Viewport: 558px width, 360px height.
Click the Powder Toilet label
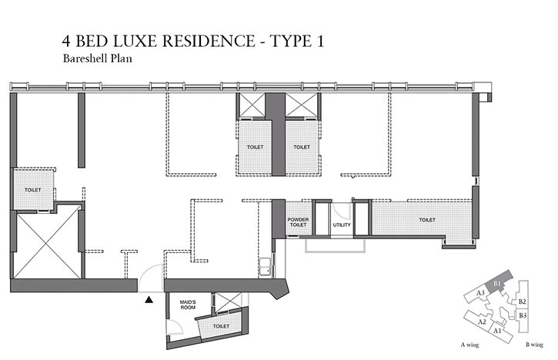pyautogui.click(x=298, y=222)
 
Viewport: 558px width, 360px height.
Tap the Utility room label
pyautogui.click(x=342, y=225)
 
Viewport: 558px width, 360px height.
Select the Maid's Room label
pyautogui.click(x=188, y=305)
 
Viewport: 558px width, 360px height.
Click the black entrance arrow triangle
pyautogui.click(x=149, y=300)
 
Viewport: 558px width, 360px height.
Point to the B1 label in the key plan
pyautogui.click(x=497, y=284)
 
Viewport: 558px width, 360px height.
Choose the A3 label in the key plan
pyautogui.click(x=480, y=293)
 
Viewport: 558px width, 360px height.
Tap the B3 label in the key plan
pyautogui.click(x=523, y=315)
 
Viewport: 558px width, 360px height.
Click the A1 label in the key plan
pyautogui.click(x=497, y=331)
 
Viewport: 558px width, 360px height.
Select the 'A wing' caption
pyautogui.click(x=469, y=345)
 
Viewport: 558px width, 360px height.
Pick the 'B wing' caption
pyautogui.click(x=534, y=345)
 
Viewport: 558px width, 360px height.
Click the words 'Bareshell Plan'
pyautogui.click(x=98, y=58)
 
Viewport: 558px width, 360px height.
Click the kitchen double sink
pyautogui.click(x=265, y=267)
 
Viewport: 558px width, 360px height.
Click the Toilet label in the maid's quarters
pyautogui.click(x=221, y=326)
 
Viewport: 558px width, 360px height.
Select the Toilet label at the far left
pyautogui.click(x=33, y=190)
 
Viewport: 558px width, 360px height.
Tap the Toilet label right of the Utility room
pyautogui.click(x=427, y=220)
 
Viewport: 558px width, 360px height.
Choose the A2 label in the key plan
pyautogui.click(x=482, y=322)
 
